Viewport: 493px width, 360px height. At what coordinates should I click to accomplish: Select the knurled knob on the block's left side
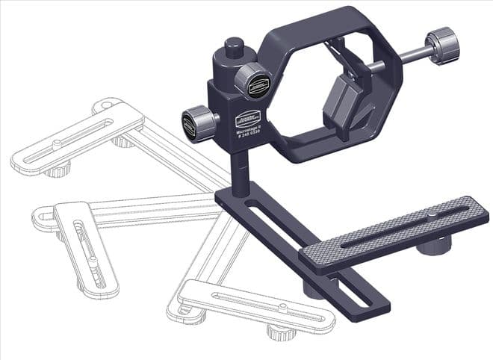(x=197, y=123)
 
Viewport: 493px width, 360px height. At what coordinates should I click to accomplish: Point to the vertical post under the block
(x=239, y=172)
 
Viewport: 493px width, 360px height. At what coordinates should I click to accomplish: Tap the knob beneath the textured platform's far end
(x=434, y=245)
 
